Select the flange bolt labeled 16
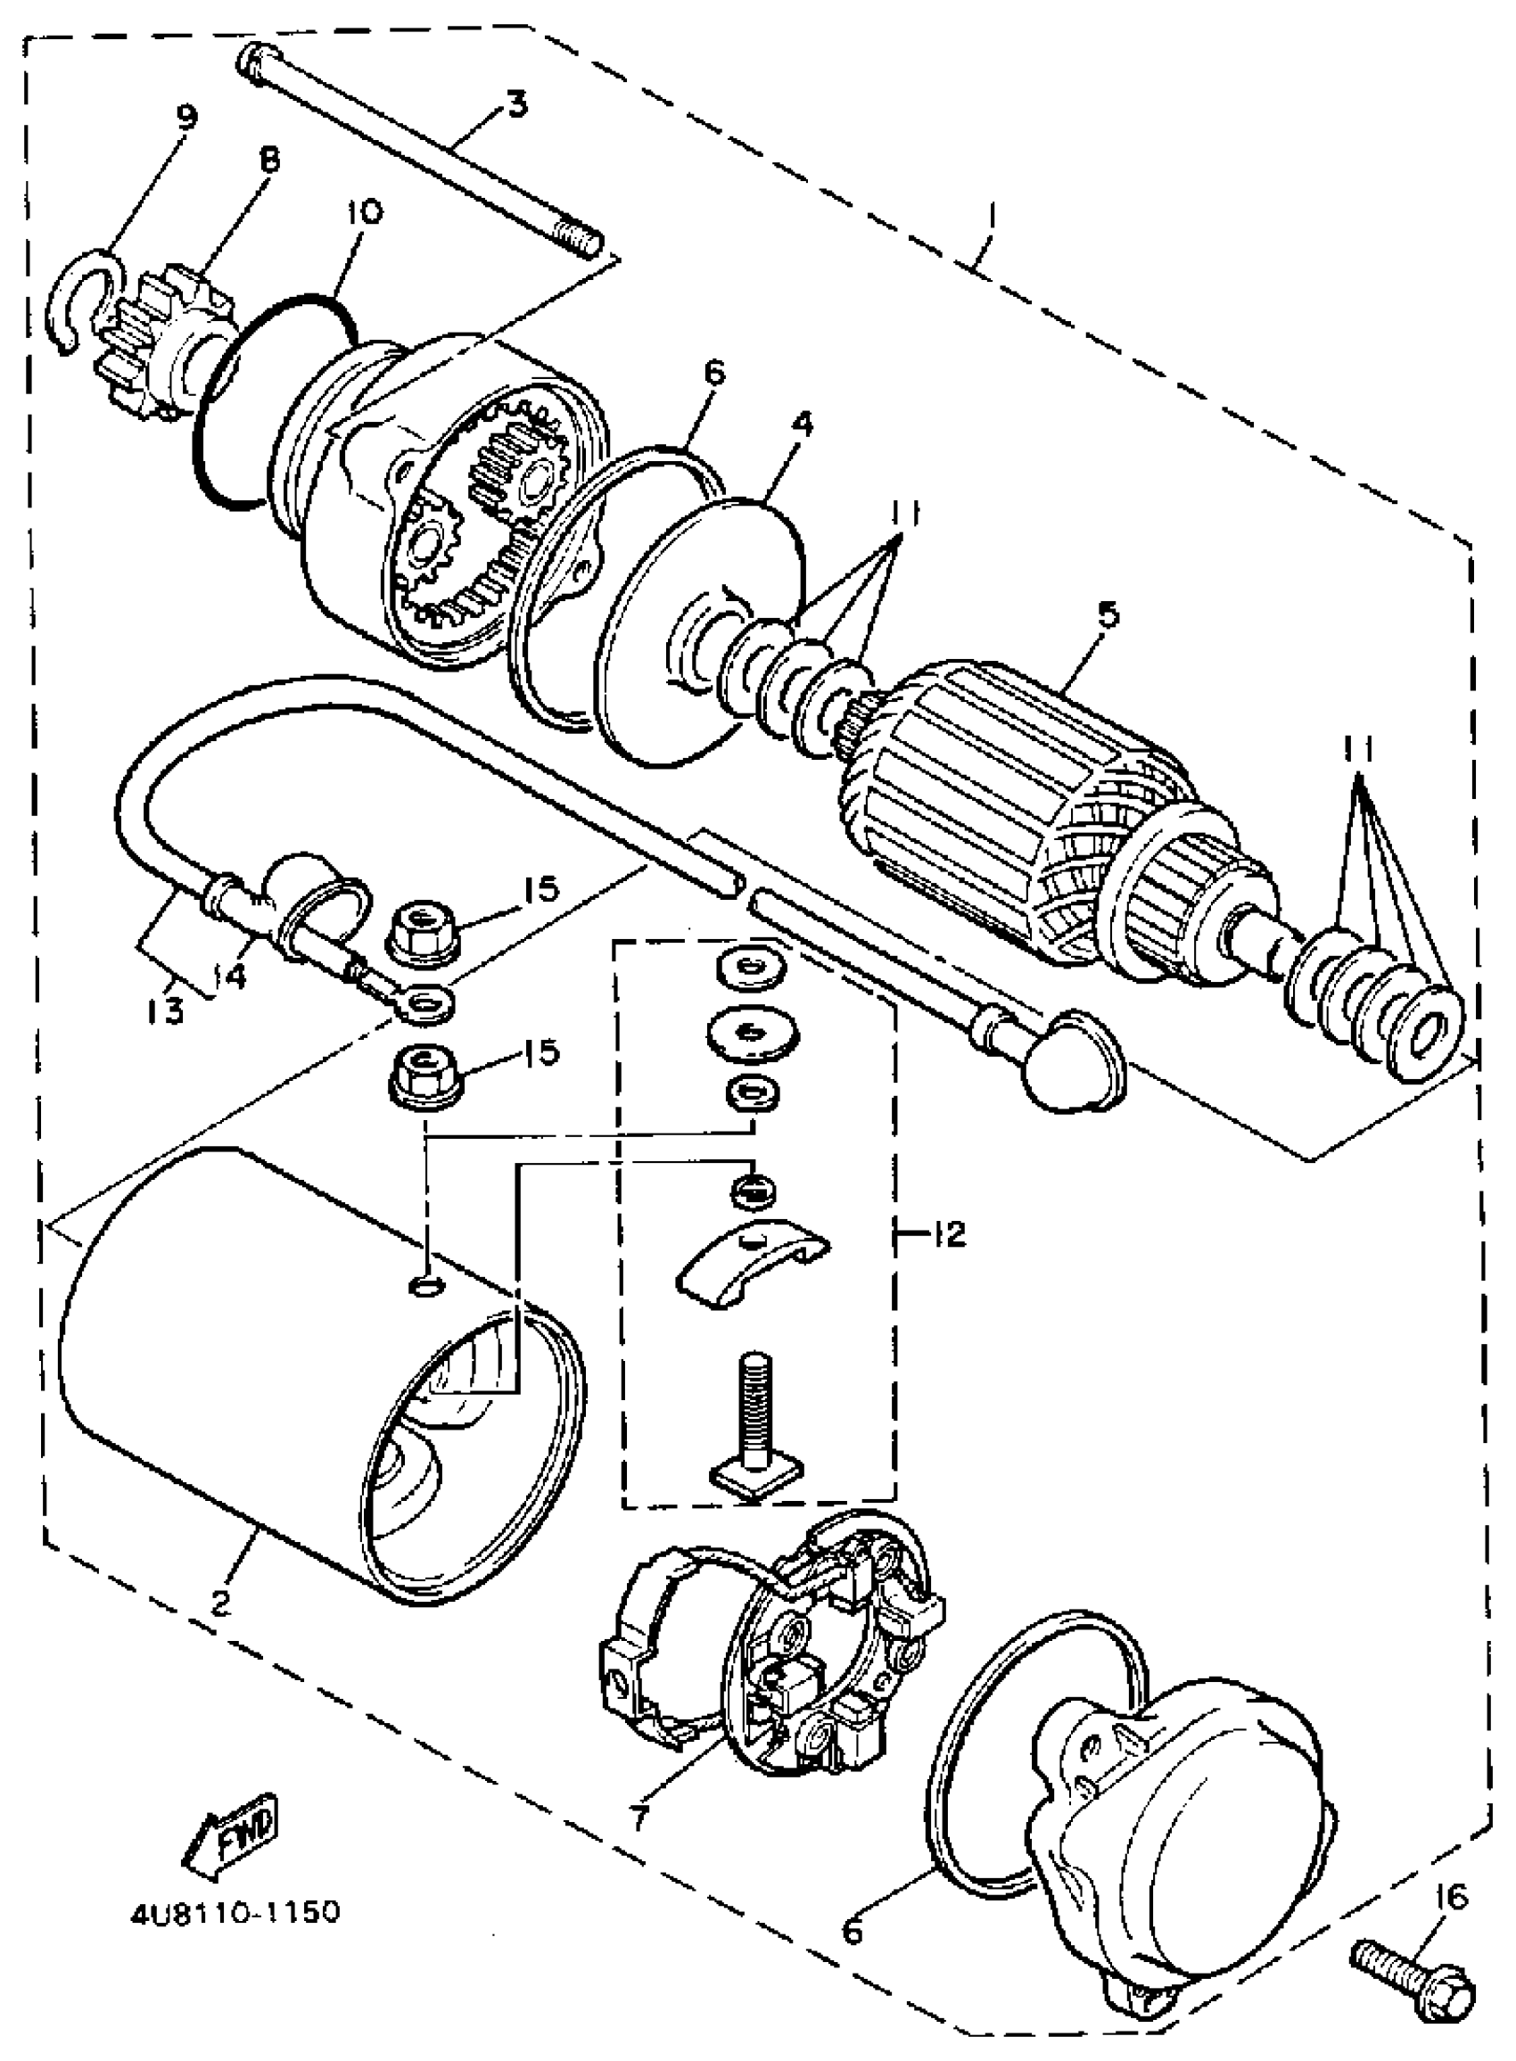pos(1413,1987)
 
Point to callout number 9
pos(185,118)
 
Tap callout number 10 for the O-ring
pos(364,213)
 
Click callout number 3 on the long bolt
pos(516,104)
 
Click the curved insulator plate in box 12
pos(753,1264)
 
